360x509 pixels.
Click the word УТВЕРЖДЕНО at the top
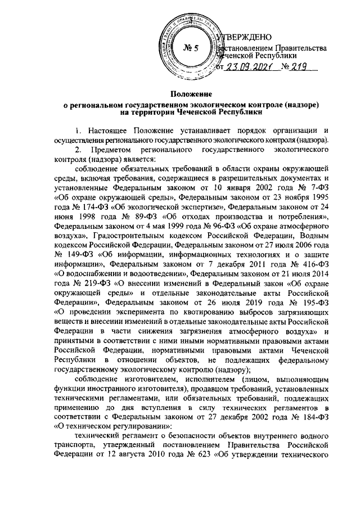[x=245, y=37]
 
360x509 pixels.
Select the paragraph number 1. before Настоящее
[x=79, y=130]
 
